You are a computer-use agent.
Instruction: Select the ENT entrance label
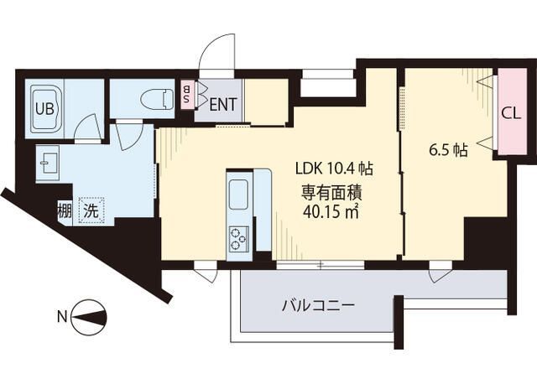point(222,106)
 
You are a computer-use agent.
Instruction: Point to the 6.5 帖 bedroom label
point(448,151)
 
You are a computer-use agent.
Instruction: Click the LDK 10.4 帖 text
point(333,167)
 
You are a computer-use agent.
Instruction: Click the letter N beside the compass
point(61,317)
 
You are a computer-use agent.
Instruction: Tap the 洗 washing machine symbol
point(89,210)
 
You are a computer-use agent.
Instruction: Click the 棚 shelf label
point(64,210)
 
